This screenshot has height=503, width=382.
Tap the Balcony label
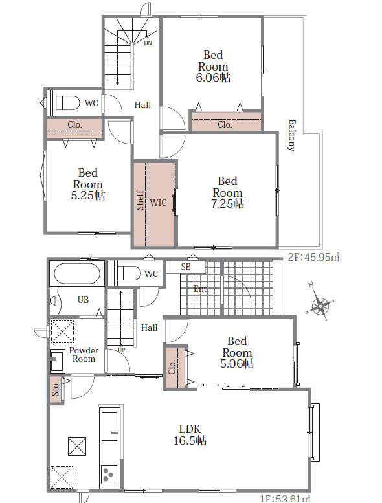(x=291, y=135)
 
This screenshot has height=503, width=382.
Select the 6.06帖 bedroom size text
(x=213, y=78)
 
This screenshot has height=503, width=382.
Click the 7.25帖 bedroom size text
(x=227, y=204)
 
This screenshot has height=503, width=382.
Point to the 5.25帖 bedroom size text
(x=88, y=196)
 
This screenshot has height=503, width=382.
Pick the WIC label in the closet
(x=159, y=203)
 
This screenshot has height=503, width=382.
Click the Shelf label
(x=140, y=200)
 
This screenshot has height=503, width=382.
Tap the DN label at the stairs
(x=148, y=43)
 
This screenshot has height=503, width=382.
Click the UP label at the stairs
(x=122, y=350)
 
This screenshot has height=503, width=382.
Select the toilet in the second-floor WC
(x=63, y=103)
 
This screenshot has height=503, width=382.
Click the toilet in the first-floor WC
(x=124, y=273)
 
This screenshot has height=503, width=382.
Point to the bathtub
(x=77, y=273)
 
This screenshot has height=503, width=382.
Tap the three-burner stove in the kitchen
(x=109, y=474)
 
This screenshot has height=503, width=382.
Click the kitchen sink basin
(x=109, y=426)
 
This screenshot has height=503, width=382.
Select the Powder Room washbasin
(x=58, y=361)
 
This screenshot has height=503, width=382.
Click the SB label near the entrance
(x=186, y=267)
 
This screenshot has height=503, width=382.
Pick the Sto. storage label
(x=56, y=388)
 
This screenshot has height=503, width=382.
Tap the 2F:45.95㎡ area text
(x=313, y=257)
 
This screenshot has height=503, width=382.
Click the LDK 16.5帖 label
(x=190, y=434)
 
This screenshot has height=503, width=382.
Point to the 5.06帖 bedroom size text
(x=237, y=363)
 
